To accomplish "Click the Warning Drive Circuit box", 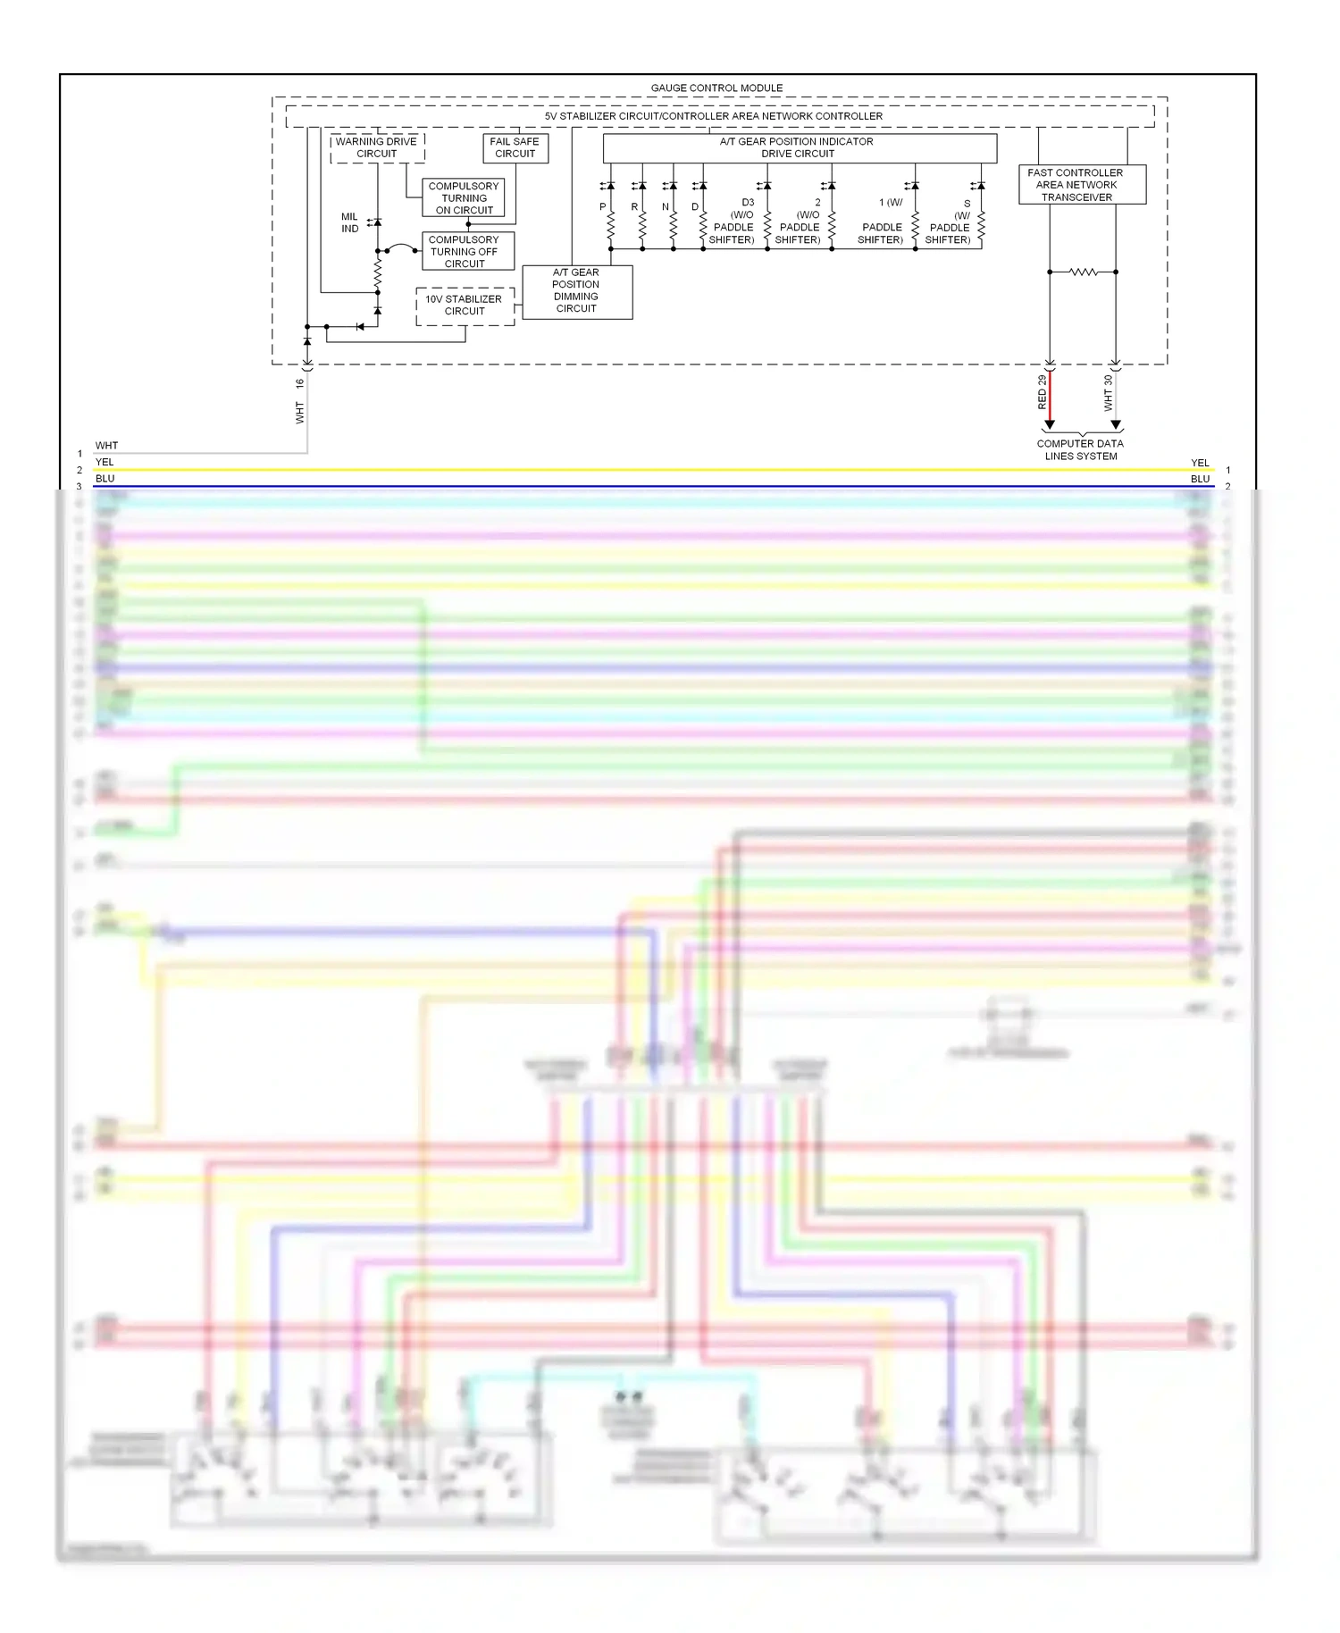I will pyautogui.click(x=376, y=147).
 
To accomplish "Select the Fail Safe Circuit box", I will pyautogui.click(x=515, y=147).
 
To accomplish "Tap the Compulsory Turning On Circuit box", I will pyautogui.click(x=464, y=198).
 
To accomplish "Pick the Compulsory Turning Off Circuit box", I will pyautogui.click(x=464, y=252).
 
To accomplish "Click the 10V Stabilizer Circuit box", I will pyautogui.click(x=464, y=306).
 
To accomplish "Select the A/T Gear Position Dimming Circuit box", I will pyautogui.click(x=576, y=291).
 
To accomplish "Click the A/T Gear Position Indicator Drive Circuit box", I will pyautogui.click(x=798, y=147).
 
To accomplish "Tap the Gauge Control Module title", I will pyautogui.click(x=716, y=88).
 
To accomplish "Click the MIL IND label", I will pyautogui.click(x=349, y=222).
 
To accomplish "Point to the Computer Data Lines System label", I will pyautogui.click(x=1080, y=449).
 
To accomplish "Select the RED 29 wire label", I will pyautogui.click(x=1042, y=392).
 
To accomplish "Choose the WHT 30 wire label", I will pyautogui.click(x=1108, y=392).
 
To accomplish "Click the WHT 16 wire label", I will pyautogui.click(x=299, y=399).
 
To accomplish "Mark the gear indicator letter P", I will pyautogui.click(x=603, y=206).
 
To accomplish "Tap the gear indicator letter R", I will pyautogui.click(x=635, y=206).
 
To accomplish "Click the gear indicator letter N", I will pyautogui.click(x=666, y=206).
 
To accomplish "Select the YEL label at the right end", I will pyautogui.click(x=1200, y=463).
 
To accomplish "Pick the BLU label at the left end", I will pyautogui.click(x=105, y=479).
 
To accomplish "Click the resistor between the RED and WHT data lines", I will pyautogui.click(x=1083, y=272).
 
